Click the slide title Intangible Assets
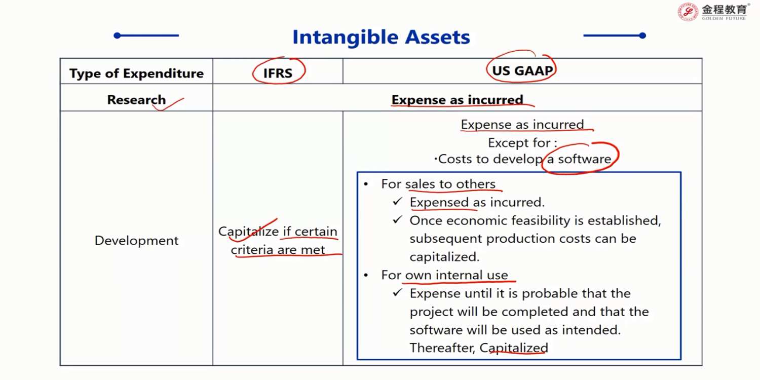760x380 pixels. pyautogui.click(x=381, y=37)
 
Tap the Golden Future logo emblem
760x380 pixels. pyautogui.click(x=688, y=12)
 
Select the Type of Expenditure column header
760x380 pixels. pyautogui.click(x=136, y=73)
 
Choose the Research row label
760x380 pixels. pyautogui.click(x=136, y=100)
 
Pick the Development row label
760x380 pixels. pyautogui.click(x=136, y=241)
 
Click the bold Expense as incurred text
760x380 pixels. pyautogui.click(x=457, y=100)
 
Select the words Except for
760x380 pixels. pyautogui.click(x=519, y=143)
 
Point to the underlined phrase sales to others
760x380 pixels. pyautogui.click(x=450, y=184)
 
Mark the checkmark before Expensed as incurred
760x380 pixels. pyautogui.click(x=398, y=202)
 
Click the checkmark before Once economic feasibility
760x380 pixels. pyautogui.click(x=398, y=220)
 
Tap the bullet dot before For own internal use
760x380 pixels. pyautogui.click(x=366, y=275)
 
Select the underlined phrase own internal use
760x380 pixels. pyautogui.click(x=457, y=275)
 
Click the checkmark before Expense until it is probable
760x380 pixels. pyautogui.click(x=398, y=292)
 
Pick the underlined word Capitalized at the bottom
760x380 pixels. pyautogui.click(x=514, y=348)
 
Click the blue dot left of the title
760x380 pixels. pyautogui.click(x=118, y=35)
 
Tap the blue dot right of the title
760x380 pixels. pyautogui.click(x=642, y=35)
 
